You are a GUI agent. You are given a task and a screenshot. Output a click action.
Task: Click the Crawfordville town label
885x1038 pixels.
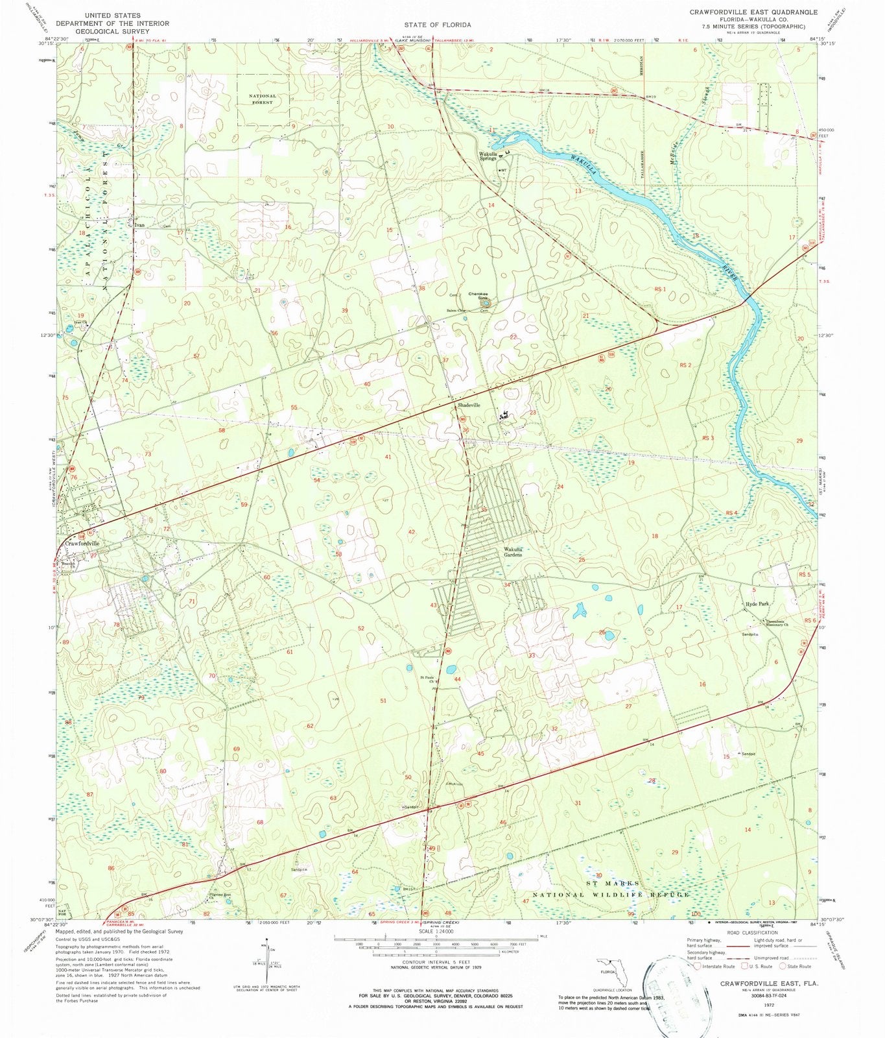tap(81, 544)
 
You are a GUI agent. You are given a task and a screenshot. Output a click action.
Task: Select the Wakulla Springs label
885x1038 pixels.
tap(488, 156)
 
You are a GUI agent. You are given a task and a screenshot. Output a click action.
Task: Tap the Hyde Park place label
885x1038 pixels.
tap(757, 604)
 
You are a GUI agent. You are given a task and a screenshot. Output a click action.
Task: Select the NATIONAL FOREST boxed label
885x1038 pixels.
tap(263, 99)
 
